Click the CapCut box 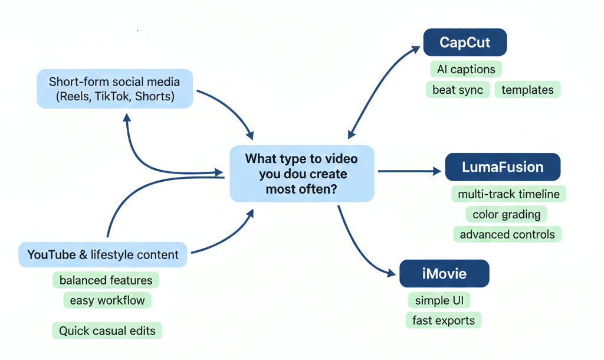click(465, 42)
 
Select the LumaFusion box click(503, 167)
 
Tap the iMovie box click(444, 274)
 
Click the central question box click(301, 174)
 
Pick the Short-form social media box click(114, 89)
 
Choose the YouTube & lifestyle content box click(103, 255)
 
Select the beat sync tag click(458, 90)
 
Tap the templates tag click(527, 90)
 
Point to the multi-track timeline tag click(509, 194)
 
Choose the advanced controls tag click(507, 234)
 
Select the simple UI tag click(439, 300)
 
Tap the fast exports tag click(444, 320)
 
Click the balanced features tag click(106, 280)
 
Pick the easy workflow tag click(107, 300)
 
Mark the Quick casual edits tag click(107, 330)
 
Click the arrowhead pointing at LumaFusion click(437, 171)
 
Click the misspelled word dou click(296, 174)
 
